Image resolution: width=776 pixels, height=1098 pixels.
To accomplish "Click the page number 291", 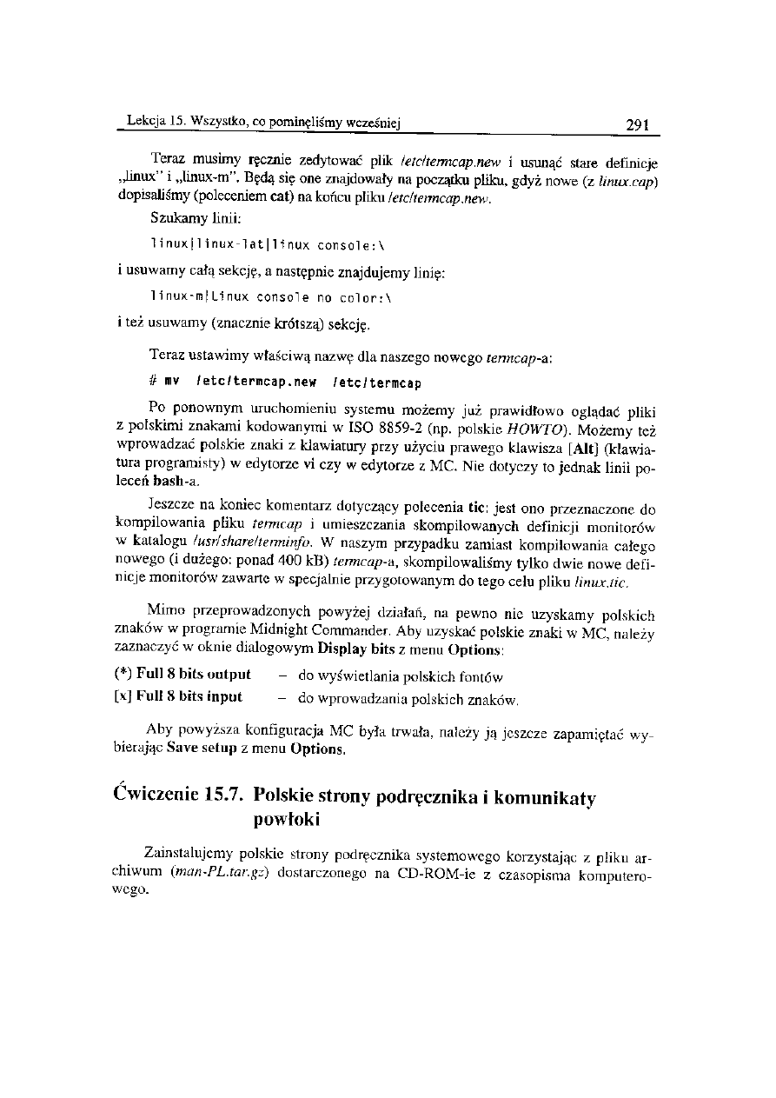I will pos(639,124).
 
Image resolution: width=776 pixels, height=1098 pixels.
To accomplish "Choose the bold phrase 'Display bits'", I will pos(355,649).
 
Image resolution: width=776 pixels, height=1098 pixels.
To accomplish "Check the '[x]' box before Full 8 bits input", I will pos(123,695).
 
